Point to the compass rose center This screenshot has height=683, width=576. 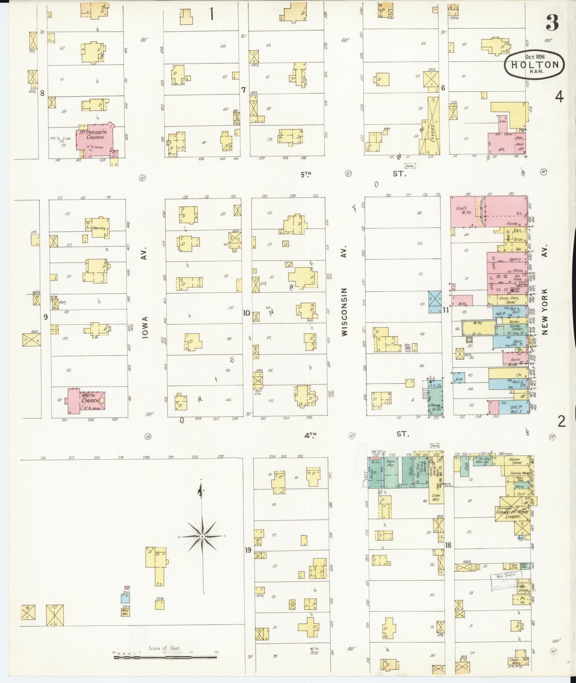tap(202, 537)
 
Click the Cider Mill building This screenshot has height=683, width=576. tap(436, 497)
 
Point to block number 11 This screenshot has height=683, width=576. tap(446, 310)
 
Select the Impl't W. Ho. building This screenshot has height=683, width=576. tap(464, 211)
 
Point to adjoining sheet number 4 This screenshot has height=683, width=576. tap(560, 96)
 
